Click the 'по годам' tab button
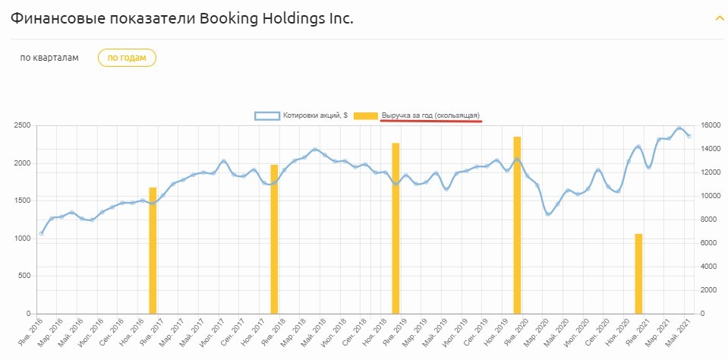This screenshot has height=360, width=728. tap(127, 58)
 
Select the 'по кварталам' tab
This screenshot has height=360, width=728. tap(49, 58)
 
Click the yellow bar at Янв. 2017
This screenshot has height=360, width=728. tap(153, 251)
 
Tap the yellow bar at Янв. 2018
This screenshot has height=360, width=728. tap(274, 239)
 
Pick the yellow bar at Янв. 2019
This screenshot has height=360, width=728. tap(396, 228)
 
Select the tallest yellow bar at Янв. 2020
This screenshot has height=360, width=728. tap(517, 225)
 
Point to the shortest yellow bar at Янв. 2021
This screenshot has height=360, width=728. tap(638, 273)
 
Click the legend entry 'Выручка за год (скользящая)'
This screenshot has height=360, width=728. tap(430, 115)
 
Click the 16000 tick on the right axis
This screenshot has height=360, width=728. tap(710, 125)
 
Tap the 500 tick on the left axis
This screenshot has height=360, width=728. tap(24, 276)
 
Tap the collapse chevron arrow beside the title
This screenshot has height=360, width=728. tap(719, 18)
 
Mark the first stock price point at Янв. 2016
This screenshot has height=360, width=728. tap(41, 234)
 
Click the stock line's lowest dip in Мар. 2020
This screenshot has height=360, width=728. tap(548, 215)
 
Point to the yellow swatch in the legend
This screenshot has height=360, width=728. tap(367, 115)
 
